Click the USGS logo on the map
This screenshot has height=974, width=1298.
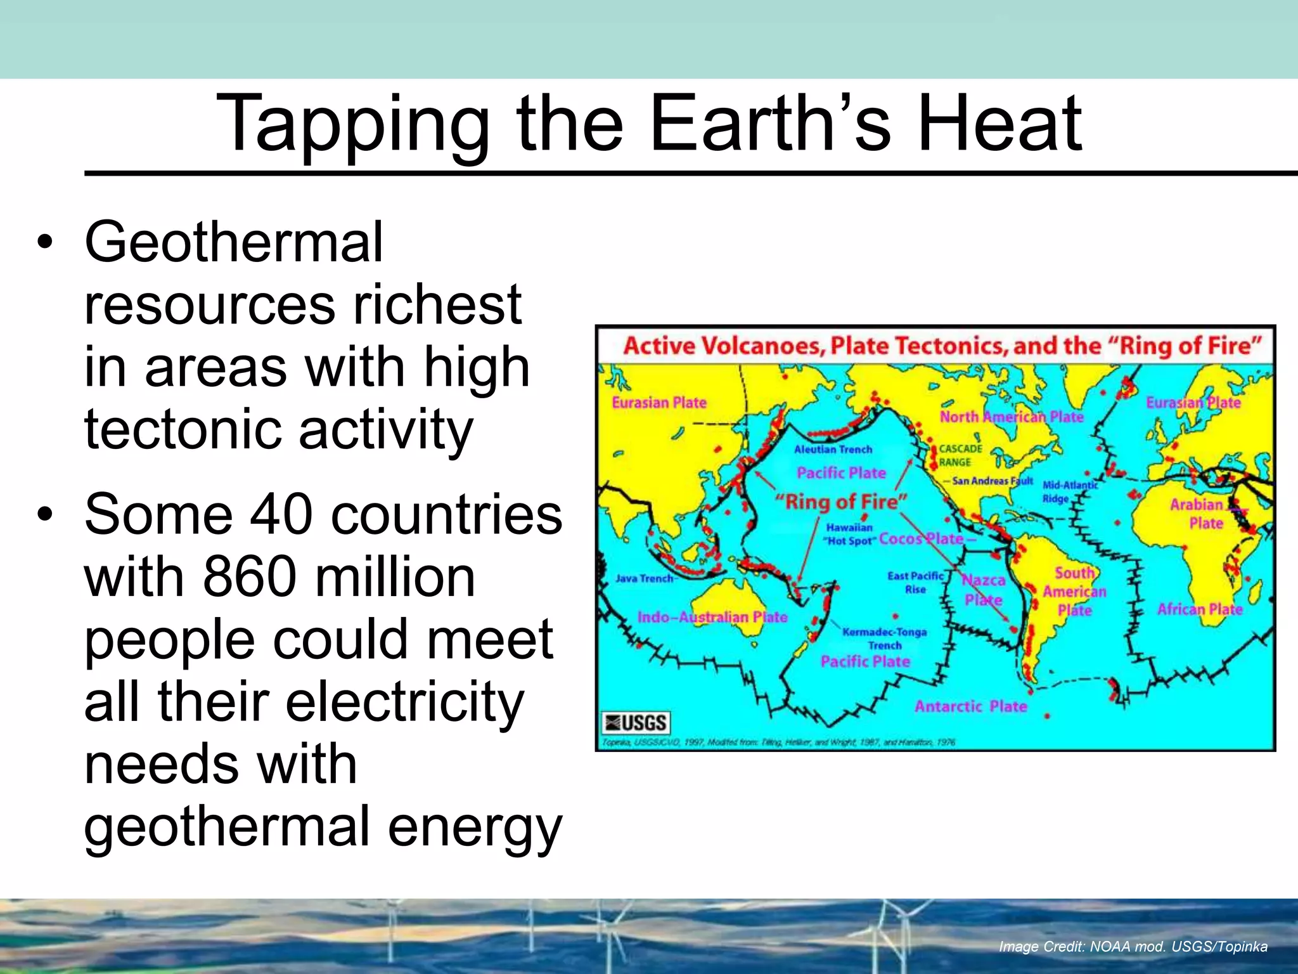636,722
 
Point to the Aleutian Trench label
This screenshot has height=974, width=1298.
833,450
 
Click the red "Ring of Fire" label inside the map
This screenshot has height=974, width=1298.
842,502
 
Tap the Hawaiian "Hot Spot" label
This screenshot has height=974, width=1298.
849,534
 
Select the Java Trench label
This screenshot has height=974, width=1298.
644,578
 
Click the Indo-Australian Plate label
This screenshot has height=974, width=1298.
712,617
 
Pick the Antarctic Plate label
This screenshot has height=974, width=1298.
970,706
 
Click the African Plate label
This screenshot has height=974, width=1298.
1200,609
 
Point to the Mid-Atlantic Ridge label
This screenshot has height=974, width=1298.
1070,491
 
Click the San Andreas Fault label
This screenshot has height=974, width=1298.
992,481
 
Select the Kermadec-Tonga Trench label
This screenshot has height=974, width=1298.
885,639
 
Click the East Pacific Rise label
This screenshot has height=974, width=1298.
915,582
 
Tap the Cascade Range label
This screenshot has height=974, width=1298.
960,455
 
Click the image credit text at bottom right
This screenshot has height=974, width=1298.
1133,947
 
